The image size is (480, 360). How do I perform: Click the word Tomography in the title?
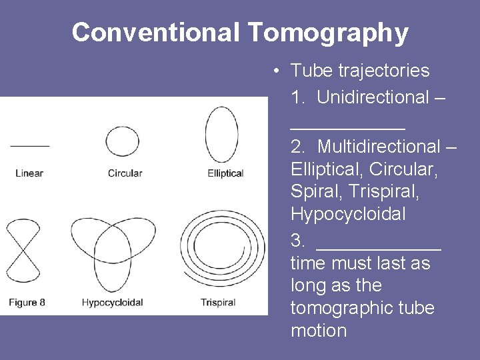pos(328,33)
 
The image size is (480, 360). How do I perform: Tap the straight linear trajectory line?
pos(29,145)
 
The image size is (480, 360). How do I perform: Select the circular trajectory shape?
pos(123,141)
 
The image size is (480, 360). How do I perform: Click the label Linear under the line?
pos(29,173)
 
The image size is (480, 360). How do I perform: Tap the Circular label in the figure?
pos(125,173)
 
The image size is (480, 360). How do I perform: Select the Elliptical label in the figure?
pos(225,173)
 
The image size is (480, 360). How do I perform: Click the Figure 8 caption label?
pos(27,302)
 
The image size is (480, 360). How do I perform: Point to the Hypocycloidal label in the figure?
pos(112,302)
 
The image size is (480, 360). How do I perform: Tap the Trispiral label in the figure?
pos(218,302)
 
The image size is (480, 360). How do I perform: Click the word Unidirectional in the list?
pos(373,97)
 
